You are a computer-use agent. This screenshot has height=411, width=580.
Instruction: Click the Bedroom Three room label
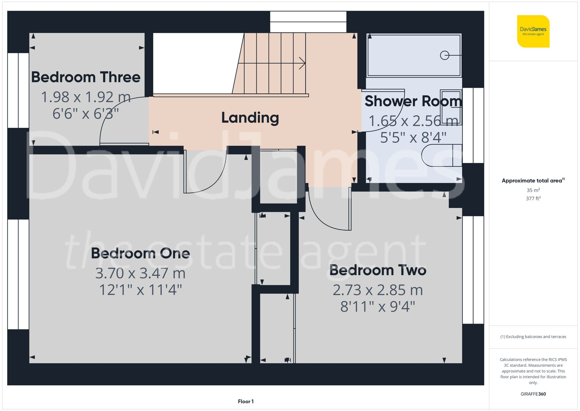(86, 77)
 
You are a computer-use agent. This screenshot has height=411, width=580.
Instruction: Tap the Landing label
(250, 118)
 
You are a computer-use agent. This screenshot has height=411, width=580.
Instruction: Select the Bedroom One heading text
(140, 253)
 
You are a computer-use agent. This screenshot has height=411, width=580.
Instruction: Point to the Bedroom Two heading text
(378, 270)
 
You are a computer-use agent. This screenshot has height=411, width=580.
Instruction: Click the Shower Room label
(413, 101)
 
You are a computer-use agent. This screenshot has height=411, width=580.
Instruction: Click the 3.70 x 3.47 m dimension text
(140, 273)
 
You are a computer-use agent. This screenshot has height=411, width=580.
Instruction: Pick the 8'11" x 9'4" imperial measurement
(378, 307)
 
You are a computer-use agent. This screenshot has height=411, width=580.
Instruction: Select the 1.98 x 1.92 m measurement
(86, 97)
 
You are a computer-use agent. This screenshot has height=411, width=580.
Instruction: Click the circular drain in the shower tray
(444, 55)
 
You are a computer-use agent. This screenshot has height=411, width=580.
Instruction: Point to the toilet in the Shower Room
(441, 155)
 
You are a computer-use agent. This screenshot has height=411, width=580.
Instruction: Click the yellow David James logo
(533, 31)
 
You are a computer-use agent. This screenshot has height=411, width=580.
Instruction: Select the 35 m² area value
(533, 190)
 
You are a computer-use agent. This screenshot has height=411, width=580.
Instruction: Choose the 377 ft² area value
(533, 199)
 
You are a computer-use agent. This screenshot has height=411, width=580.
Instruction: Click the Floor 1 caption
(246, 401)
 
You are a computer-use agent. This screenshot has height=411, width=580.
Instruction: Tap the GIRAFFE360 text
(533, 394)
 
